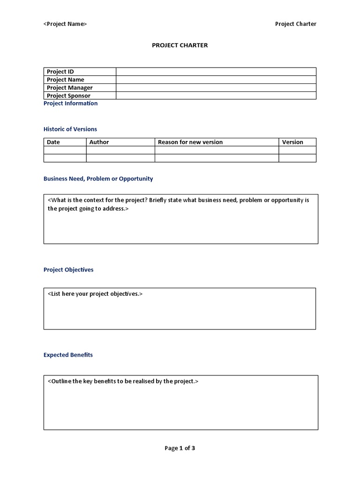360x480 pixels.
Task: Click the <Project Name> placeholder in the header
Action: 65,24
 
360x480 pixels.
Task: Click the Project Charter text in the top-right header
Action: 295,24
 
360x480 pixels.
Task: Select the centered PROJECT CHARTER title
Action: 180,45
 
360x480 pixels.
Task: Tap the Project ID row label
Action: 60,72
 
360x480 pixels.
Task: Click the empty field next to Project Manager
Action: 216,88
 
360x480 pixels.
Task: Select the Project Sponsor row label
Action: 68,96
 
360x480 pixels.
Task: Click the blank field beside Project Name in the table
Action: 216,80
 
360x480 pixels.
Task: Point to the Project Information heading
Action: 70,104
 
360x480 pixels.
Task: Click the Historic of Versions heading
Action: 70,129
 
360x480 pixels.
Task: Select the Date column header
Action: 53,142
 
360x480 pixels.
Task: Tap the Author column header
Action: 99,142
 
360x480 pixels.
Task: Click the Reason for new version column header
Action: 190,142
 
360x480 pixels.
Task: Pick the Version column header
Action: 292,142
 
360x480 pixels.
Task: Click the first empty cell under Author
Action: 120,150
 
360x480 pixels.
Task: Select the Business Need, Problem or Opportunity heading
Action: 98,179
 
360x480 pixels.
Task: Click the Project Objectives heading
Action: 68,270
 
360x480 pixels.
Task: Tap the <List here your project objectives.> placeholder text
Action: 95,294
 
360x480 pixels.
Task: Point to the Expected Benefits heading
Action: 68,355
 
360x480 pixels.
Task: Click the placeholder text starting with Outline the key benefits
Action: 123,381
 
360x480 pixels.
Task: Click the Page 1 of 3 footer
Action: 180,448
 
